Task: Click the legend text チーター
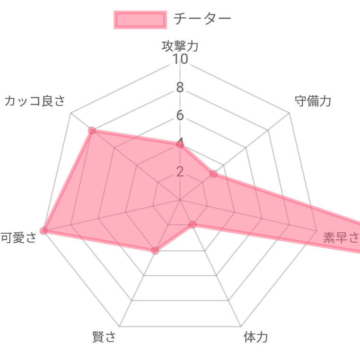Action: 202,19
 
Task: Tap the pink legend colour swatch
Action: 140,20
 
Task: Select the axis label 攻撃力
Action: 180,45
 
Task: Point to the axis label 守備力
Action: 313,101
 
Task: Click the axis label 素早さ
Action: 341,237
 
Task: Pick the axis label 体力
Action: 255,337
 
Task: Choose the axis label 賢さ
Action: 104,337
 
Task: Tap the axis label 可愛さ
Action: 18,237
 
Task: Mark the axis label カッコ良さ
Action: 35,101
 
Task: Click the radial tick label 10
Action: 180,60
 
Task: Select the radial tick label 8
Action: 180,88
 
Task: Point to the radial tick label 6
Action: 180,115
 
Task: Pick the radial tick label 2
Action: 180,171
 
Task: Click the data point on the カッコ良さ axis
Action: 92,130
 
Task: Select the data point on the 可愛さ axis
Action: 44,231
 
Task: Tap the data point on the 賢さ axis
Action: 155,251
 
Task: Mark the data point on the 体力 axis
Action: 192,224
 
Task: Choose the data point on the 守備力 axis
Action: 213,174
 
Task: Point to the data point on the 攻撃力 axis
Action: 180,144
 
